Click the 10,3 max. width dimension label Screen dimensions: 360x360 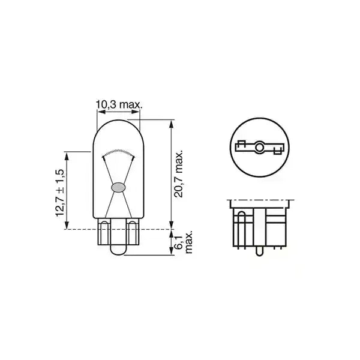coord(118,105)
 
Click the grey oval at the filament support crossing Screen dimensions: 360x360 coord(118,187)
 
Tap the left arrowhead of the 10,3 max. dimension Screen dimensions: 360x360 coord(100,112)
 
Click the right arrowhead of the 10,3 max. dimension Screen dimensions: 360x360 coord(137,112)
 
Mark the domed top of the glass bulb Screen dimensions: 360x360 coord(118,122)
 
